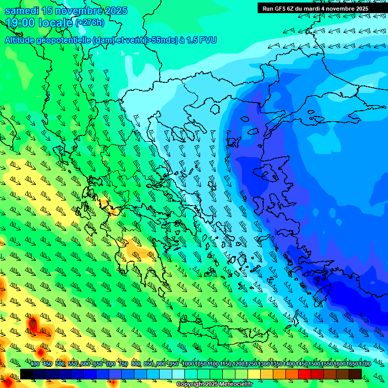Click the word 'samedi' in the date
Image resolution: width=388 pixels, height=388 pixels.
point(22,11)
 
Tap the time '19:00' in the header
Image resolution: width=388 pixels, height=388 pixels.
point(20,22)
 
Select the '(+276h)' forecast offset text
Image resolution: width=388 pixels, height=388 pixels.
point(90,22)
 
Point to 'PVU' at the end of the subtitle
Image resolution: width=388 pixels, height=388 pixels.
point(208,40)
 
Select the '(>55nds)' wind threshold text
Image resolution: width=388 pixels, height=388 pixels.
point(163,40)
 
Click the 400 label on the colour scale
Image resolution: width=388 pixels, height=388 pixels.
point(35,364)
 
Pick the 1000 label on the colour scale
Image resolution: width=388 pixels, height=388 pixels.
point(188,364)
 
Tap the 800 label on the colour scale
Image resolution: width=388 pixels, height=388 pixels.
point(136,364)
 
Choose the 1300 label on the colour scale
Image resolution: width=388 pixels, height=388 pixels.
point(264,364)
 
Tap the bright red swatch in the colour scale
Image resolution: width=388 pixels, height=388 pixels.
point(304,374)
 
